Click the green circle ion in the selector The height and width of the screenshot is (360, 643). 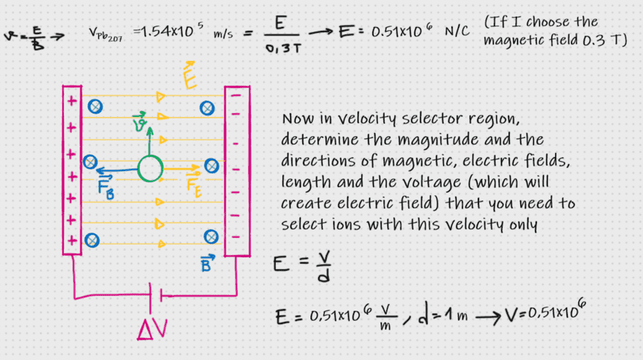[x=150, y=169]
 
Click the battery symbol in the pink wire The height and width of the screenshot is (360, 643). [x=154, y=296]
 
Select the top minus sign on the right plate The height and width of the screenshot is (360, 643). [x=235, y=94]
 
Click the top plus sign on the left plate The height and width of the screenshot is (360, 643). [x=71, y=102]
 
